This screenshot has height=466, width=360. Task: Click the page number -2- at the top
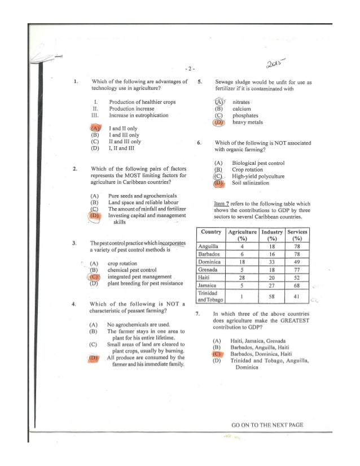[190, 69]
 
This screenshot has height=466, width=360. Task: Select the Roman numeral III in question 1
[95, 115]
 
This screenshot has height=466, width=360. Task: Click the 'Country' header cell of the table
[210, 231]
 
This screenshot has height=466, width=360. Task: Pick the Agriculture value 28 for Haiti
[242, 278]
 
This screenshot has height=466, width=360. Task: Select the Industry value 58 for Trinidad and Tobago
[271, 297]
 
